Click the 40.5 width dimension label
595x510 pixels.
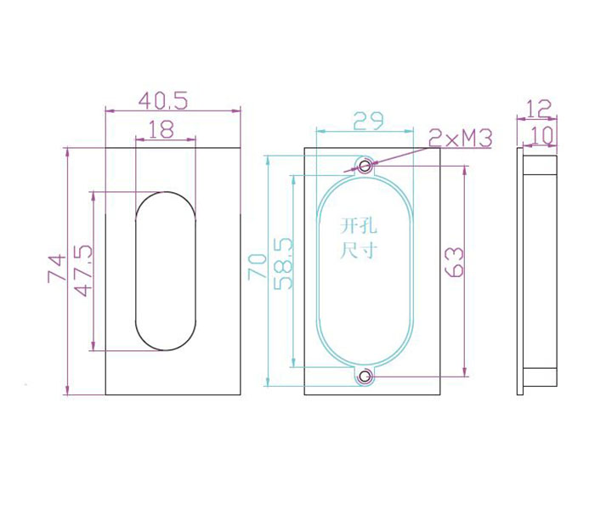pyautogui.click(x=163, y=101)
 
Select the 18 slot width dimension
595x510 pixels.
pyautogui.click(x=161, y=129)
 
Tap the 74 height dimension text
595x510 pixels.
pyautogui.click(x=57, y=269)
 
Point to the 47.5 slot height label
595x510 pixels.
pyautogui.click(x=83, y=270)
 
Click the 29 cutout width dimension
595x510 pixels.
pyautogui.click(x=368, y=121)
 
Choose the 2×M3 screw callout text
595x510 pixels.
pyautogui.click(x=461, y=138)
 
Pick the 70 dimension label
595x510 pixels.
pyautogui.click(x=257, y=267)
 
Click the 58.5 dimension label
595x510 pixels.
pyautogui.click(x=283, y=264)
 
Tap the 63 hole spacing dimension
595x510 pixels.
pyautogui.click(x=454, y=262)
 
